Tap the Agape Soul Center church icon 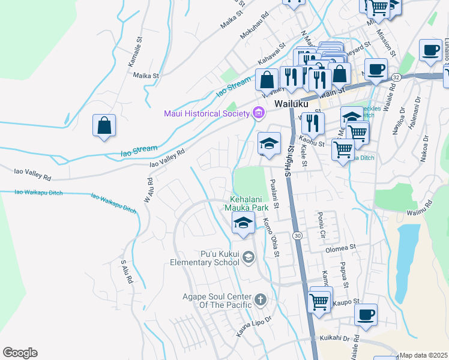[260, 299]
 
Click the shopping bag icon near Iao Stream [104, 126]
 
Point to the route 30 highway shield [298, 236]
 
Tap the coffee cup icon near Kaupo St [366, 314]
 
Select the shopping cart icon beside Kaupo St [319, 301]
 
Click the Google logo [20, 353]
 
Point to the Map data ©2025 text [424, 355]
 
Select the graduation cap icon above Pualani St [270, 143]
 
